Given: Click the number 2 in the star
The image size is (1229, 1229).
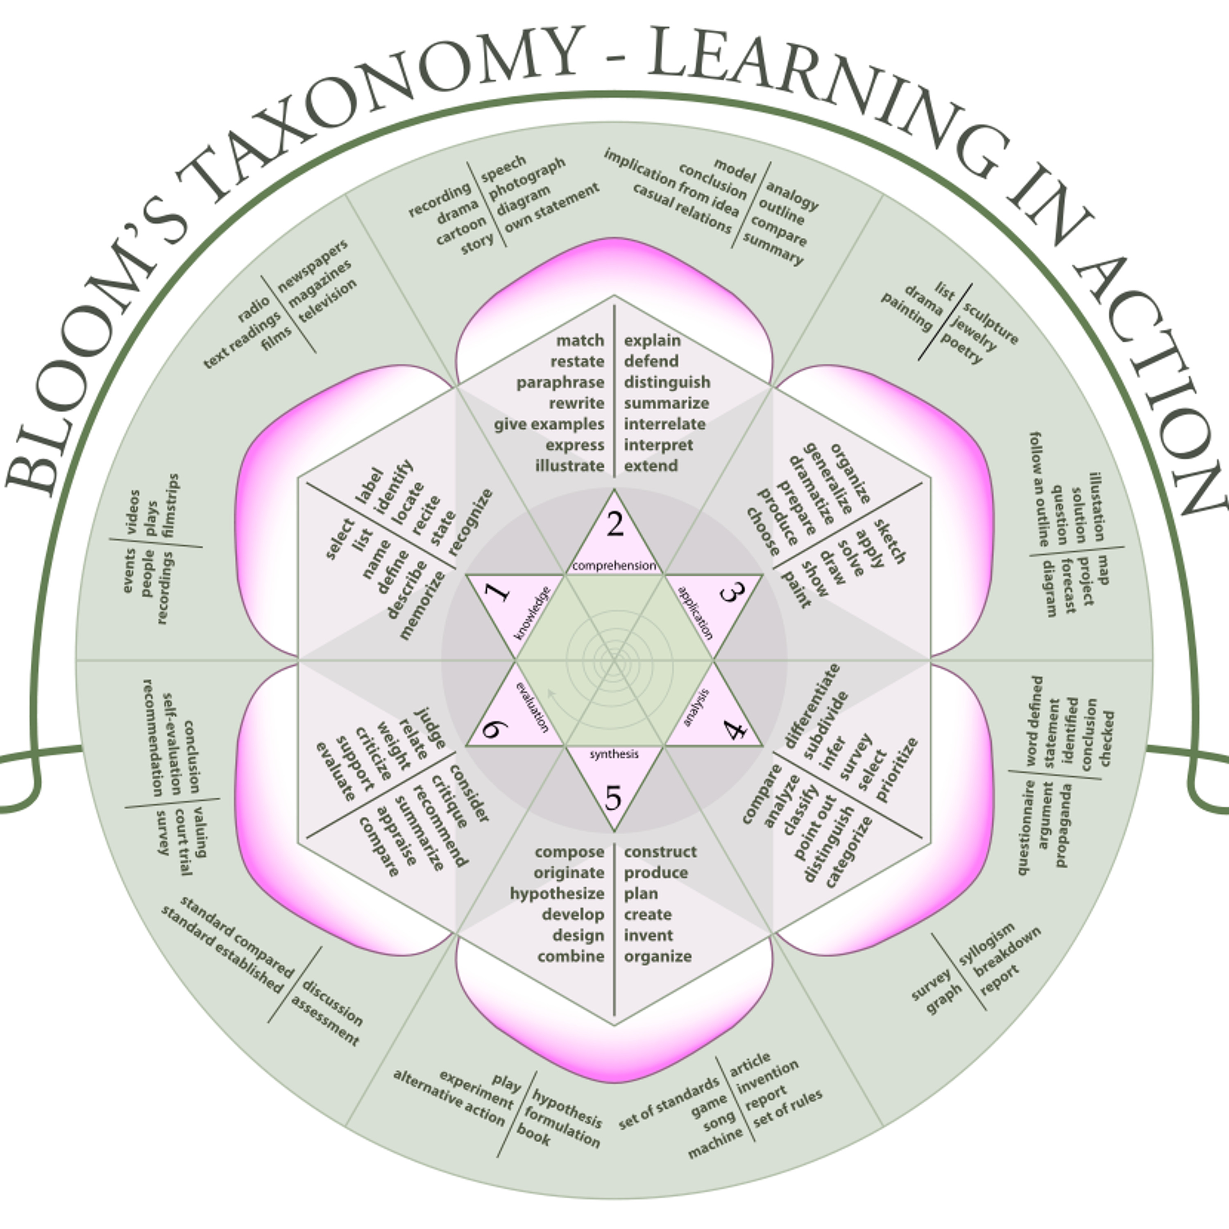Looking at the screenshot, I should pos(614,524).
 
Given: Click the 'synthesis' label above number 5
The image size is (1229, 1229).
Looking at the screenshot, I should pos(614,754).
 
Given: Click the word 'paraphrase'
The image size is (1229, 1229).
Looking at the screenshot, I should pos(560,382).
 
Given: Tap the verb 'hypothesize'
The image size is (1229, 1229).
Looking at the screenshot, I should pos(557,893).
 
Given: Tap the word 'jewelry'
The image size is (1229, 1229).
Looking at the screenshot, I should pos(973,333).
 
